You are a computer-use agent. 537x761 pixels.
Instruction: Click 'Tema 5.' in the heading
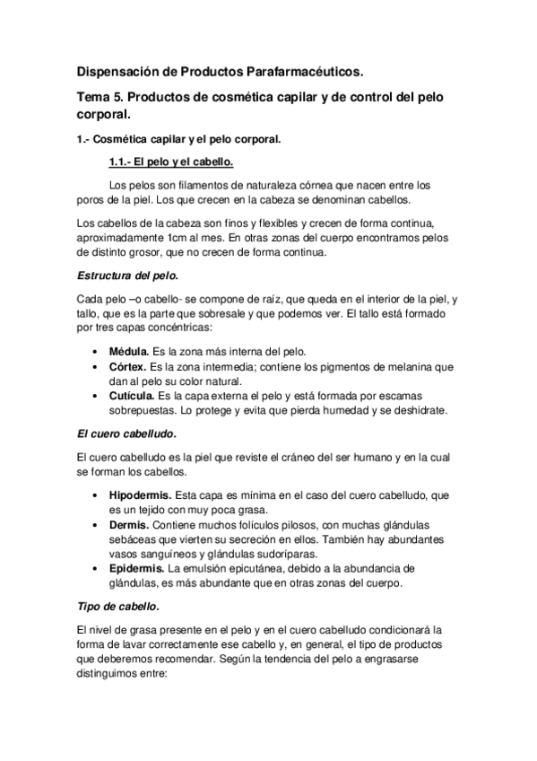click(x=100, y=96)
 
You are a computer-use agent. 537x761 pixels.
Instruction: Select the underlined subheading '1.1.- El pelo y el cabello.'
click(x=157, y=162)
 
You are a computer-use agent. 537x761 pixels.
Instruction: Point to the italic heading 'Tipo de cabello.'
click(x=117, y=608)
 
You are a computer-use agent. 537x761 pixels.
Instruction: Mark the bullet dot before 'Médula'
click(x=97, y=350)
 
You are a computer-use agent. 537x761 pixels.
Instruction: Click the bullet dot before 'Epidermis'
click(x=97, y=569)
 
